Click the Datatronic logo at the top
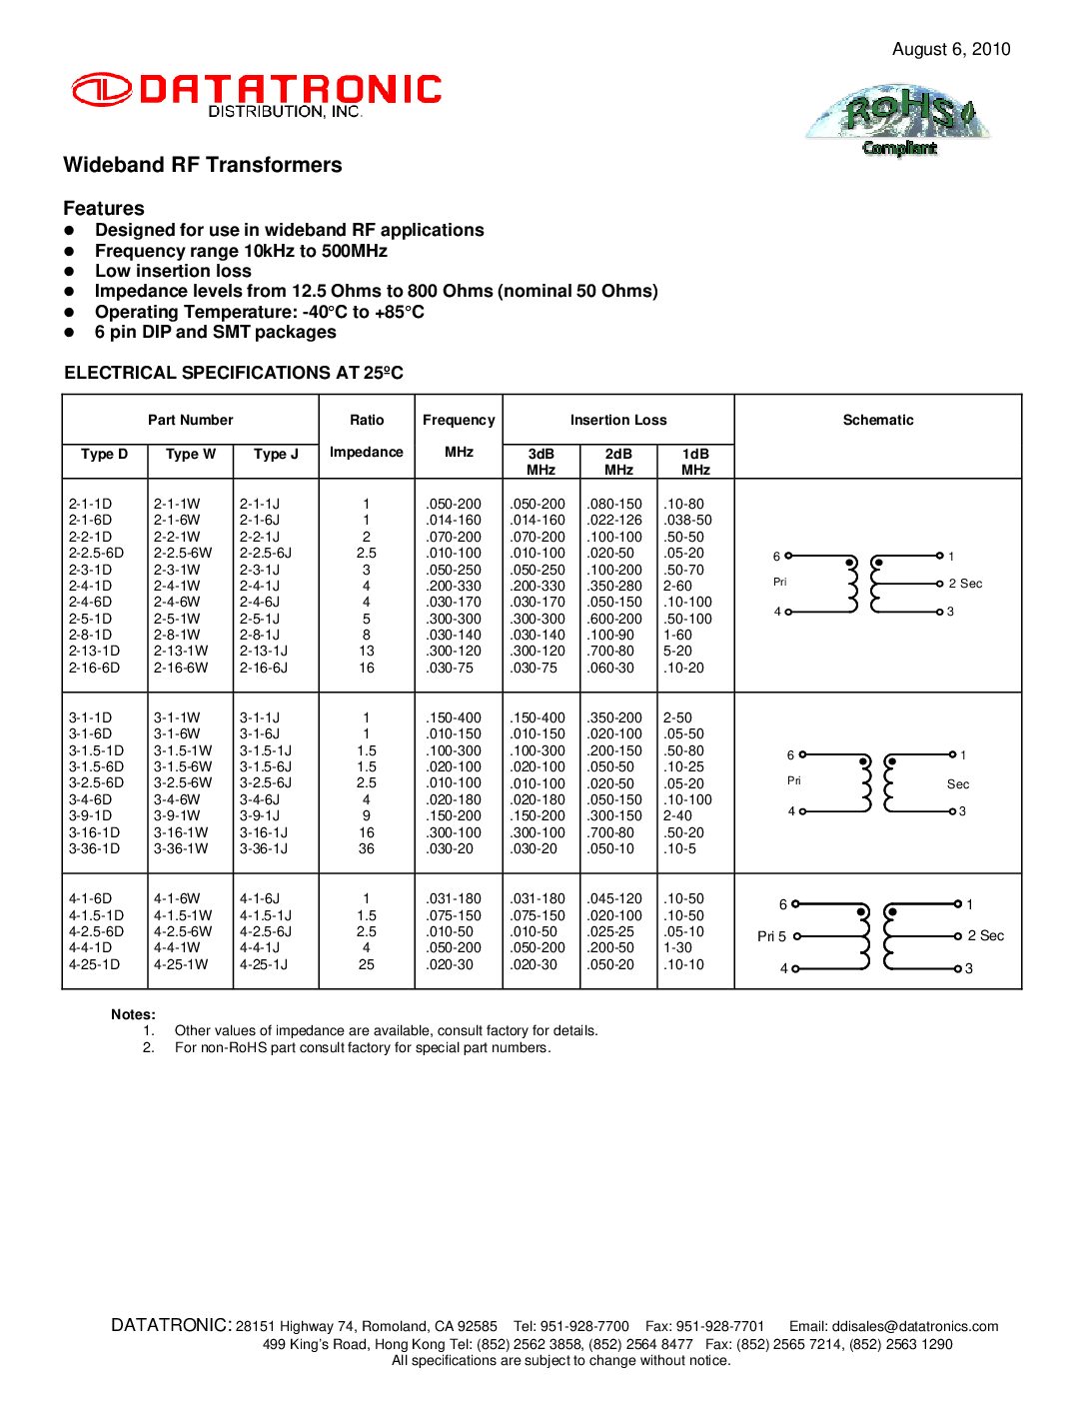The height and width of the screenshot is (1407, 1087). coord(256,94)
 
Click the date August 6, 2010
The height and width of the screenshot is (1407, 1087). coord(950,49)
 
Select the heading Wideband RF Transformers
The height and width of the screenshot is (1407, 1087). coord(202,165)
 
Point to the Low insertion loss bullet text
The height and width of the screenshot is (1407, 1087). coord(173,271)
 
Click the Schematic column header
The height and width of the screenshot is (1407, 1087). coord(877,420)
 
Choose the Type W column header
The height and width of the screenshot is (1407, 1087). coord(190,454)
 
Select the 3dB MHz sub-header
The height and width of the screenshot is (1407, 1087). coord(541,461)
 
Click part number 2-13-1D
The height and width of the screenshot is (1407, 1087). coord(94,651)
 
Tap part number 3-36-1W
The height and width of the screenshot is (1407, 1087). coord(181,848)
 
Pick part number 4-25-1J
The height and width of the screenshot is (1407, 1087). coord(263,964)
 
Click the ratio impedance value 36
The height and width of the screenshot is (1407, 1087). coord(367,848)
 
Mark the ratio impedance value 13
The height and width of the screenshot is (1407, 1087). coord(367,651)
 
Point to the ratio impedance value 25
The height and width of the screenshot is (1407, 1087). coord(367,964)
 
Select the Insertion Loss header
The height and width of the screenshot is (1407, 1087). coord(617,420)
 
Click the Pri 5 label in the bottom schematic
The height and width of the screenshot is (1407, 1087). coord(771,936)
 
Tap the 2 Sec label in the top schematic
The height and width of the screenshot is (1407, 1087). coord(965,584)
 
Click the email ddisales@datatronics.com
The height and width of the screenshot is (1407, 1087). coord(915,1326)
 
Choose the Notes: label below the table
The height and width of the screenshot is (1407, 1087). coord(133,1014)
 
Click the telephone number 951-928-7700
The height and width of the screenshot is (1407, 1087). coord(584,1326)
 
